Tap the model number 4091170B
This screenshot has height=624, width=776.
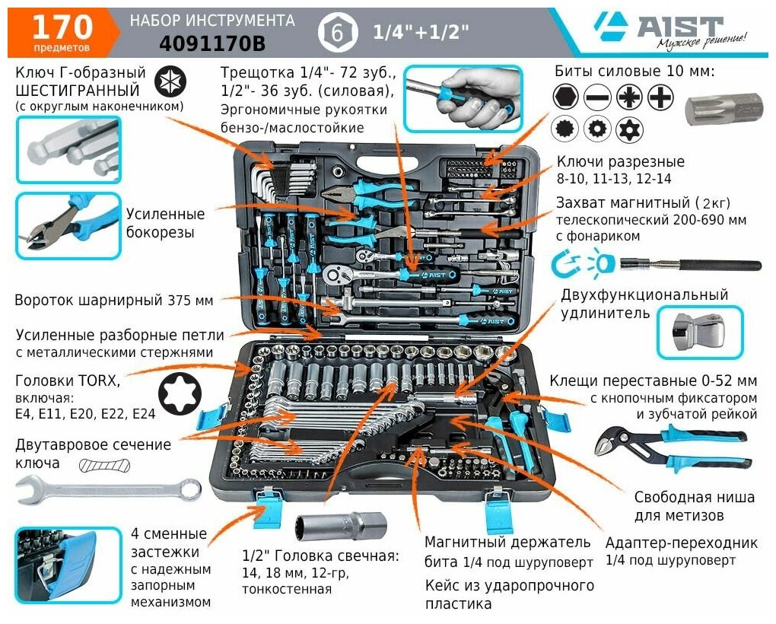pyautogui.click(x=212, y=45)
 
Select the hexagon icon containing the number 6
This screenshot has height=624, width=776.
pyautogui.click(x=334, y=33)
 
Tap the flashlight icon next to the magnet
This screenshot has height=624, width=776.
pyautogui.click(x=602, y=266)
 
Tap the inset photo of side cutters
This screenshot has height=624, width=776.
pyautogui.click(x=68, y=226)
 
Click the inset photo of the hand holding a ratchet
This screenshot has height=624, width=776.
pyautogui.click(x=463, y=98)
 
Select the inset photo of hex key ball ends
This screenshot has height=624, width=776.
pyautogui.click(x=68, y=150)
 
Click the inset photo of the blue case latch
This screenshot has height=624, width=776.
pyautogui.click(x=68, y=565)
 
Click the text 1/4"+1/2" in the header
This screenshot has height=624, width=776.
pyautogui.click(x=421, y=33)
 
